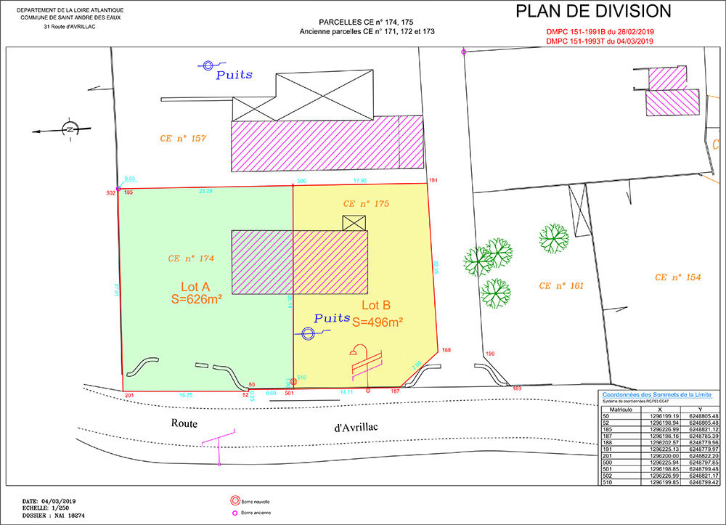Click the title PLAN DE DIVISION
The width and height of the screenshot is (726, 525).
[x=593, y=12]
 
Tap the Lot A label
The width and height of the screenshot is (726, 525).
[x=196, y=285]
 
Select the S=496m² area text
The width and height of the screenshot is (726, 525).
[x=378, y=321]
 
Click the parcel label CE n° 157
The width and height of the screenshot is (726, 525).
[x=183, y=138]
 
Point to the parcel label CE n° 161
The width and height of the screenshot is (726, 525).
[x=561, y=286]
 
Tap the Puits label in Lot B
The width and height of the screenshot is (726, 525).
[x=332, y=318]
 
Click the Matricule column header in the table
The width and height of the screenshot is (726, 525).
[x=619, y=410]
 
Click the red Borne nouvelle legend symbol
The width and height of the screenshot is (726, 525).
[x=234, y=501]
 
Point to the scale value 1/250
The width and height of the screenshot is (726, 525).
[x=62, y=508]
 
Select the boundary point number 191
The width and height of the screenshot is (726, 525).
[x=433, y=180]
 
